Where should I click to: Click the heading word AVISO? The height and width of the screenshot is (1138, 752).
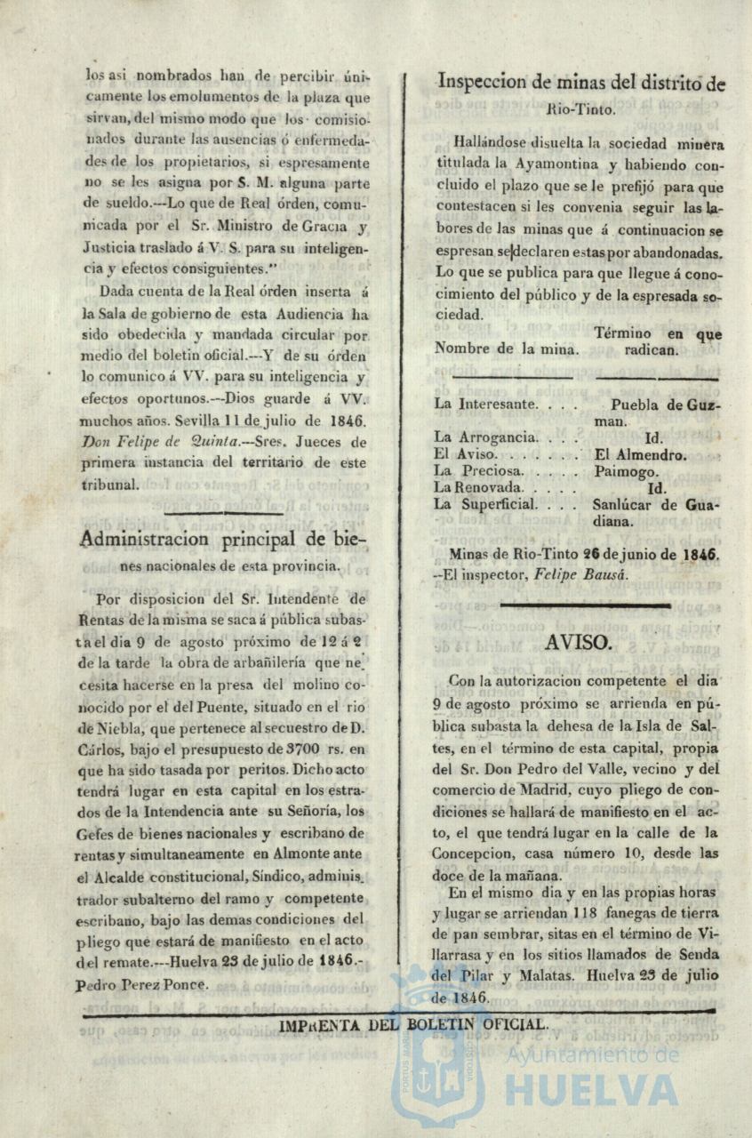[578, 643]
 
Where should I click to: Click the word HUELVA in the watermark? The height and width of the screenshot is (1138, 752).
[591, 1090]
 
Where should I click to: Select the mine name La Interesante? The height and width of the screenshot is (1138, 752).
[485, 404]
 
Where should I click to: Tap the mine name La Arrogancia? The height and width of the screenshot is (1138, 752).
[484, 437]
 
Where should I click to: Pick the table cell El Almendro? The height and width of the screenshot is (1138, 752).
[640, 454]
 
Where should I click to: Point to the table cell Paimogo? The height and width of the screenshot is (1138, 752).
[627, 471]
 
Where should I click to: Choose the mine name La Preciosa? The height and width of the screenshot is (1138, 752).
[478, 471]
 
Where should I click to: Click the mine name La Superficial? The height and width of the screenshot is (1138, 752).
[485, 505]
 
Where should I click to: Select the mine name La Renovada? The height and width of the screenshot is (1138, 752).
[481, 488]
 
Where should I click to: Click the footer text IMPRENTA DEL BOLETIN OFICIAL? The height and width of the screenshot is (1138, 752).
[413, 1024]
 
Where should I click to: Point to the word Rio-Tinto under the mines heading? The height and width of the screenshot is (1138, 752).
[580, 109]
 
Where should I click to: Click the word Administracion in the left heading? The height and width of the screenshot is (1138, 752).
[145, 539]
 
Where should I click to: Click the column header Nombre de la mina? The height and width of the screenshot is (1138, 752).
[507, 349]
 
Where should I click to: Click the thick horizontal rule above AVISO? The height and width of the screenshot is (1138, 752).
[585, 605]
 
